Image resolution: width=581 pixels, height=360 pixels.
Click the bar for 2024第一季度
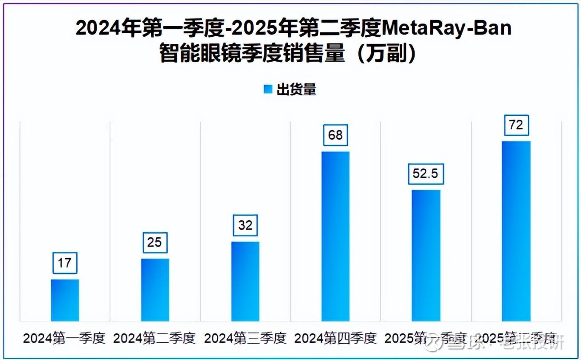point(65,300)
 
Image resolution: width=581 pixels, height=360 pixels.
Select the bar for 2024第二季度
point(155,290)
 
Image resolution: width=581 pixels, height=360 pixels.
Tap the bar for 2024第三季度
point(245,281)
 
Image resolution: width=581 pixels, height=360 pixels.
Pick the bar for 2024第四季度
point(335,236)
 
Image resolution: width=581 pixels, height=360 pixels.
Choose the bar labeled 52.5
point(426,255)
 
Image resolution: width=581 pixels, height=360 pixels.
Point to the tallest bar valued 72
point(516,231)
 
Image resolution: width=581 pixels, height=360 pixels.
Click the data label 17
point(64,263)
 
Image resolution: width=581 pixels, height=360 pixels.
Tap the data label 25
point(155,243)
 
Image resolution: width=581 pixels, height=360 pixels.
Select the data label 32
point(245,225)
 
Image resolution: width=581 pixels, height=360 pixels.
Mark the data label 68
point(335,135)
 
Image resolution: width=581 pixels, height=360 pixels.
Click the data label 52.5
point(426,174)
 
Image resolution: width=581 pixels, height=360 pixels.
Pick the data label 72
point(516,125)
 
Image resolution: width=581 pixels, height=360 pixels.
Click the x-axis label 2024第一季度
point(64,339)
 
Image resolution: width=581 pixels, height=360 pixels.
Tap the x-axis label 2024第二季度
point(155,339)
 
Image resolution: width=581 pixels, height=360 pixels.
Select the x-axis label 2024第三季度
point(245,339)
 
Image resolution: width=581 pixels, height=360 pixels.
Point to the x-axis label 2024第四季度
point(335,339)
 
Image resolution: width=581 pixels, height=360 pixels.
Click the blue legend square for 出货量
point(268,90)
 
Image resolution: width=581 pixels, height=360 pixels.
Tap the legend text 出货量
point(296,90)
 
